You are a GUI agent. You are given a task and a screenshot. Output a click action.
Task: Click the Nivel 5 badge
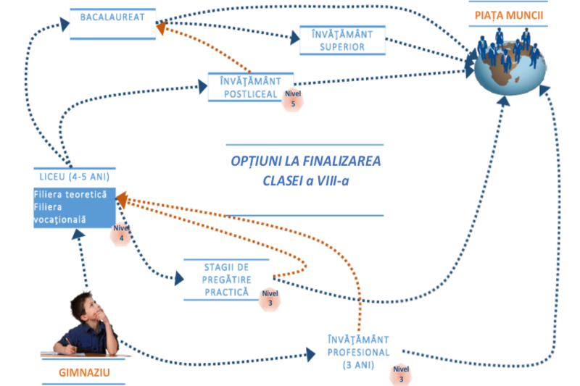(292, 99)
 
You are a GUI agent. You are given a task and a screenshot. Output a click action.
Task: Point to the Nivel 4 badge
(120, 234)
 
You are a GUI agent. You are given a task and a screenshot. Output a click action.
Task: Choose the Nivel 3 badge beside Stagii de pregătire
(270, 298)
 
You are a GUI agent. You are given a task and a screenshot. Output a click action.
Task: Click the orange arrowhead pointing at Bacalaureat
(162, 28)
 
